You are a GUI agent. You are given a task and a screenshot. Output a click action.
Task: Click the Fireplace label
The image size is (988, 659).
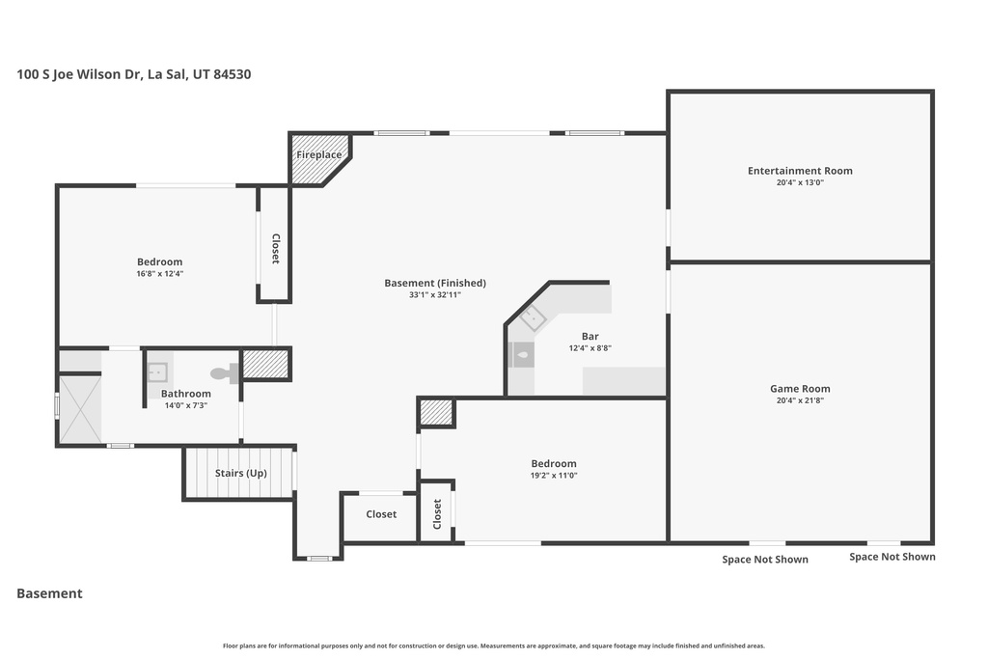[318, 154]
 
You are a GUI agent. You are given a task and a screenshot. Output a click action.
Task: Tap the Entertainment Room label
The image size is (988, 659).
[800, 171]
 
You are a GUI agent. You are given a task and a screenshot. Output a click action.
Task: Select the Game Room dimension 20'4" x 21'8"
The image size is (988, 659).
[800, 400]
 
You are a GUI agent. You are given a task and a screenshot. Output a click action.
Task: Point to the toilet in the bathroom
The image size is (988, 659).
[222, 372]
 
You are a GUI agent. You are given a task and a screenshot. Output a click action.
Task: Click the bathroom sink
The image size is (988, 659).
[157, 371]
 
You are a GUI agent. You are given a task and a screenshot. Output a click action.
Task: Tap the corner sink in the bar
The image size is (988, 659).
[533, 317]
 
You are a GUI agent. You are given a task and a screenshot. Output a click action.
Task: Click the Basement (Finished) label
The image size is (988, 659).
[434, 283]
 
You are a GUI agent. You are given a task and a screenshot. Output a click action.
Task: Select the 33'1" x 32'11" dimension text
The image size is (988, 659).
[434, 294]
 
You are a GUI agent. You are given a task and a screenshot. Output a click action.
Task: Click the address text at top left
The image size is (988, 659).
[134, 73]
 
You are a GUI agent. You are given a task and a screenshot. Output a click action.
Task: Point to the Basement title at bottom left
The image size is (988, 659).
[49, 593]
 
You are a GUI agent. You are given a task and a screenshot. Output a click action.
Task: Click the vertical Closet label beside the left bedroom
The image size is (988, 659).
[275, 249]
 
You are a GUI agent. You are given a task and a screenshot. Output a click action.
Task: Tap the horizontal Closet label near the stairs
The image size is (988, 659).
[381, 514]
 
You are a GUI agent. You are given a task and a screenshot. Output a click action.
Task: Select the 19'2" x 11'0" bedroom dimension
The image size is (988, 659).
[553, 475]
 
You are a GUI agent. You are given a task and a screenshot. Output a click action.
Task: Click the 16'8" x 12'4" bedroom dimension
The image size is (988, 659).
[159, 273]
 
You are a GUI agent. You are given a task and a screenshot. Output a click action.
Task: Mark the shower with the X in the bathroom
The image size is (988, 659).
[79, 409]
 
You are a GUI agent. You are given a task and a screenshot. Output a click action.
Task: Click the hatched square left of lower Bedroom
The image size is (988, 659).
[436, 413]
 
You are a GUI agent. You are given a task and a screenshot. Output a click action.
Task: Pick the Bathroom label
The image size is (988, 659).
[185, 394]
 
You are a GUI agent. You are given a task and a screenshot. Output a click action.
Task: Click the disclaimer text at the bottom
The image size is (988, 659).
[493, 645]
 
